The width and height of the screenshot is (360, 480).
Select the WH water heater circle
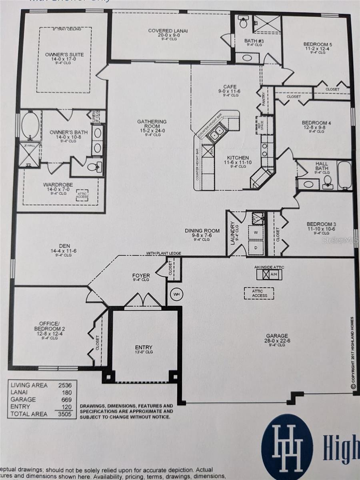click(176, 294)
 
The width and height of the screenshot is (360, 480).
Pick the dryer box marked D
click(256, 247)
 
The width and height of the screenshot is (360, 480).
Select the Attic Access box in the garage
click(259, 293)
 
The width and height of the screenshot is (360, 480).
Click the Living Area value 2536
click(64, 385)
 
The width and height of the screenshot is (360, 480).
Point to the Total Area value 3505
click(64, 414)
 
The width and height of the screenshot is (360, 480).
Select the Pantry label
click(264, 100)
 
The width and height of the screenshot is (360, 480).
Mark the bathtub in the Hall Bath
click(344, 175)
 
